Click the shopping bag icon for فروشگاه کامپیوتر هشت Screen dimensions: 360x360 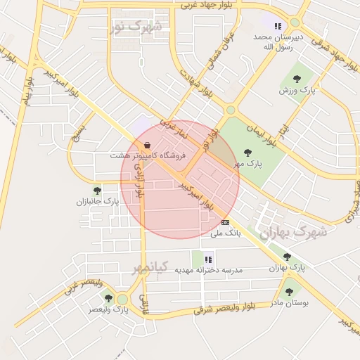coord(146,146)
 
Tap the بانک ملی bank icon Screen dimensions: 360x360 coord(225,222)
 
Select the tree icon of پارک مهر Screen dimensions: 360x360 coord(247,153)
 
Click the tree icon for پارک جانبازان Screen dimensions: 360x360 coord(97,190)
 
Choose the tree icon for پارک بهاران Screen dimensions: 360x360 coord(288,257)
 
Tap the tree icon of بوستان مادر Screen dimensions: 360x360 coord(288,291)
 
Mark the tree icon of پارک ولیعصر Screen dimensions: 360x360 coord(108,298)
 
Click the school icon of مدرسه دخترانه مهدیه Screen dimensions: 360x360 coord(208,259)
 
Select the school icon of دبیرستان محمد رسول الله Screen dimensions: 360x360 coord(277,26)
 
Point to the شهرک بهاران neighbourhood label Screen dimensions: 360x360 coord(294,233)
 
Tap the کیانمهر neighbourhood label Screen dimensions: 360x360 coord(151,268)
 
